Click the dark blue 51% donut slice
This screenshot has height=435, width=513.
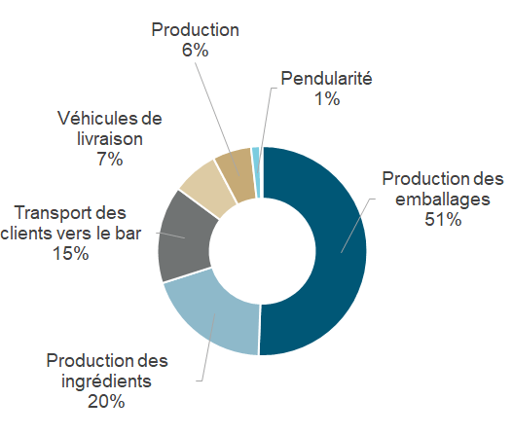[341, 252]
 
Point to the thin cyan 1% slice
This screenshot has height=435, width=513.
[257, 172]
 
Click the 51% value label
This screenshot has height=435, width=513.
[443, 220]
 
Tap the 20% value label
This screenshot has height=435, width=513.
[106, 401]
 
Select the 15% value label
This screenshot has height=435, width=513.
[71, 253]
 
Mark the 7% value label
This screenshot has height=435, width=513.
[110, 160]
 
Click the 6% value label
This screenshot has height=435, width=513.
[196, 51]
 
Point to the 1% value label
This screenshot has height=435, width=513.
[327, 98]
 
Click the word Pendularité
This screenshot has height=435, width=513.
[326, 79]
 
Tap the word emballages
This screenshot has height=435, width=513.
[443, 199]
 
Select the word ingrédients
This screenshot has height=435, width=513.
[106, 381]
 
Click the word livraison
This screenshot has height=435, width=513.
[110, 139]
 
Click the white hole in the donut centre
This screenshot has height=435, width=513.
[263, 251]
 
